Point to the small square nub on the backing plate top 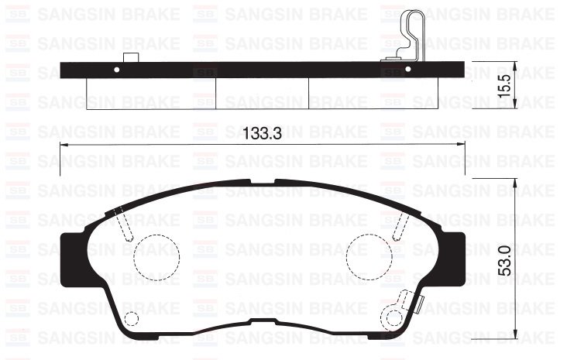click(x=130, y=57)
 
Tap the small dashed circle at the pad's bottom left click(x=131, y=319)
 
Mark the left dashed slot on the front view click(x=123, y=224)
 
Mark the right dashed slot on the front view click(x=400, y=224)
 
